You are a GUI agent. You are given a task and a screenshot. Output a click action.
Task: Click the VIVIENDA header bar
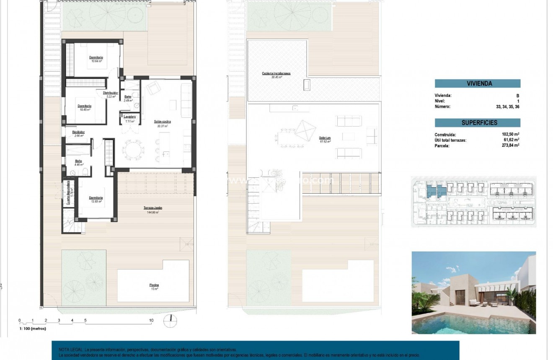[x=478, y=83]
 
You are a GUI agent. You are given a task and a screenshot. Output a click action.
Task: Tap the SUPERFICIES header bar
[x=478, y=123]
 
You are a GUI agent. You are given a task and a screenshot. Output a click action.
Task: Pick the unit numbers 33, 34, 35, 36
[x=507, y=106]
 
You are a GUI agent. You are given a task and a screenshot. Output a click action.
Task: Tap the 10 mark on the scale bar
[x=151, y=321]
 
